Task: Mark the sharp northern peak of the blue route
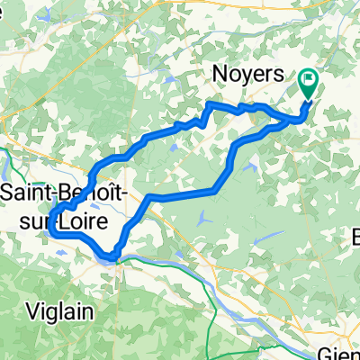tap(210, 104)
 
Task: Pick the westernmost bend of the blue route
tap(50, 225)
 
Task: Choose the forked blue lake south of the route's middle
tap(204, 217)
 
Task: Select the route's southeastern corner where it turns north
tap(216, 190)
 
